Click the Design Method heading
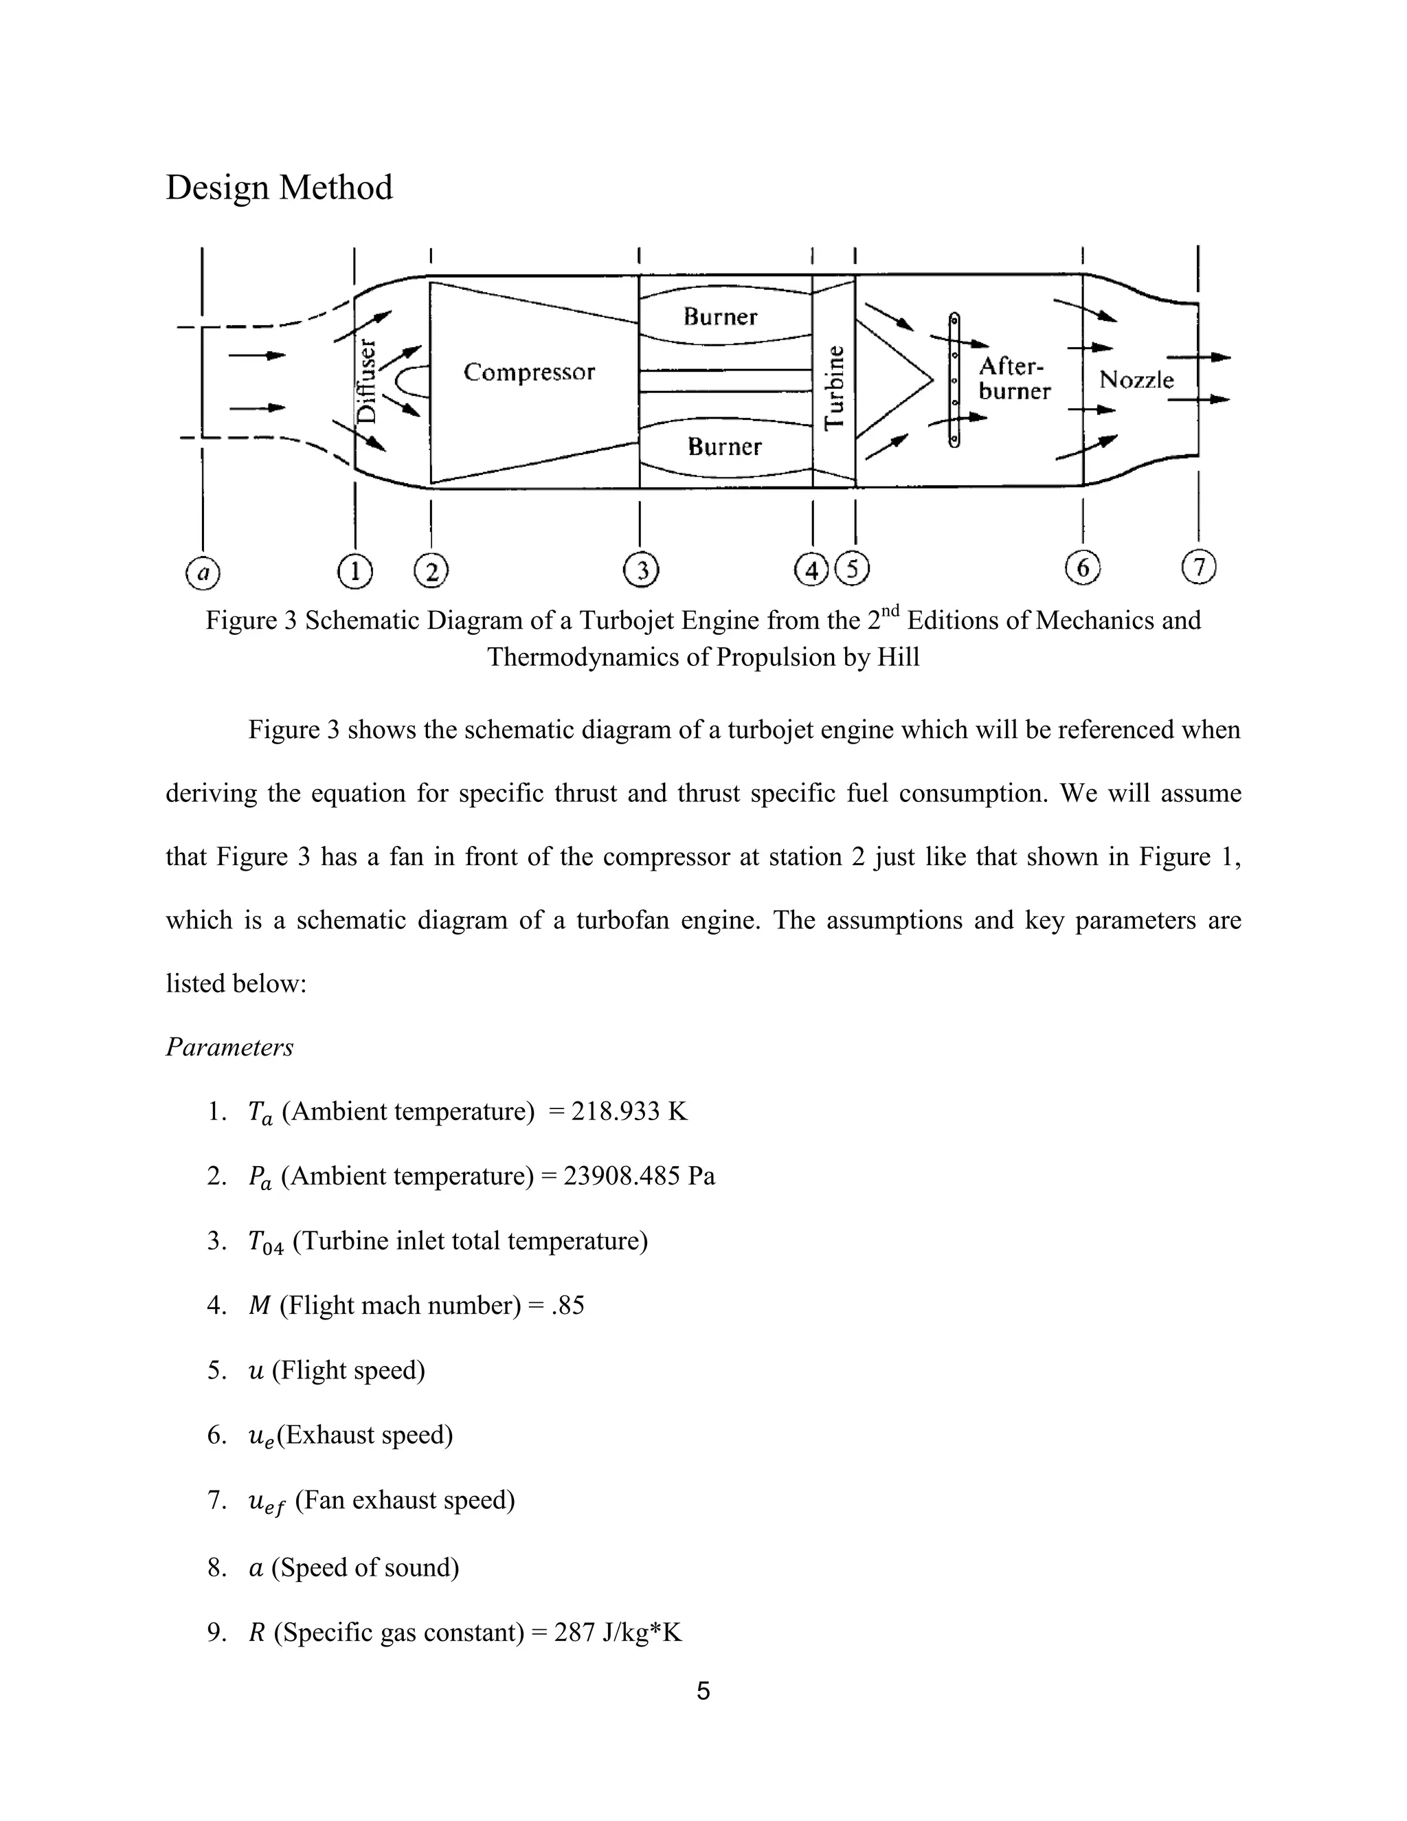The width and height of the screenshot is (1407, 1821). (x=278, y=188)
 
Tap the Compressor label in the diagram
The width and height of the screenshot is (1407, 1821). (x=529, y=372)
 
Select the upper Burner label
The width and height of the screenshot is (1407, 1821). (x=720, y=317)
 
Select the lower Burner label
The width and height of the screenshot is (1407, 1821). (x=724, y=447)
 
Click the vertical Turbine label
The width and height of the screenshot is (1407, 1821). (x=834, y=387)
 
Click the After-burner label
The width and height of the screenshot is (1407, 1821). (x=1015, y=379)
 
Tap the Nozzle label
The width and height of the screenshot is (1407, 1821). (x=1136, y=380)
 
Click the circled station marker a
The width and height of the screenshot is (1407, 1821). (x=203, y=573)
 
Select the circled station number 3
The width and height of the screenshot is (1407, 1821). (x=641, y=571)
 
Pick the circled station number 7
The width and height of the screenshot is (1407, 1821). (x=1199, y=567)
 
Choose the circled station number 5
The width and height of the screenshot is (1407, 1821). (x=852, y=570)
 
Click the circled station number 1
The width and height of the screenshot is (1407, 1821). (x=355, y=572)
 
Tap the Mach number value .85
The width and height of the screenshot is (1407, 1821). (x=567, y=1305)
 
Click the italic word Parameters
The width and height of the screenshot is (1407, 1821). (x=229, y=1047)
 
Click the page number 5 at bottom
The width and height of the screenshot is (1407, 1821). (x=703, y=1691)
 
